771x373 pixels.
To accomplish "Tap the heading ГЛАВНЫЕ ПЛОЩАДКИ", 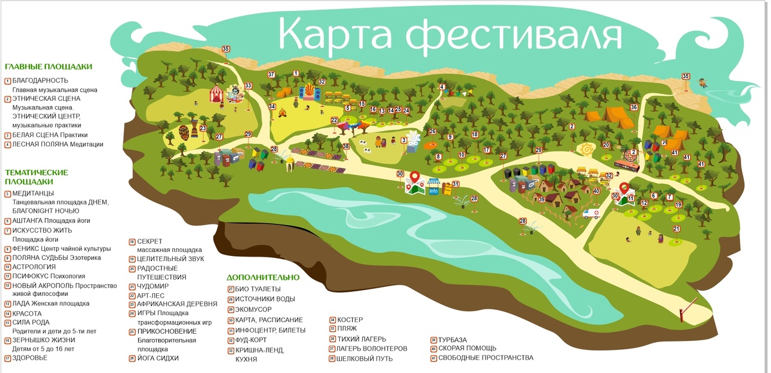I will [48, 66].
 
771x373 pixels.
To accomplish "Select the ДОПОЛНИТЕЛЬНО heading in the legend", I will [263, 277].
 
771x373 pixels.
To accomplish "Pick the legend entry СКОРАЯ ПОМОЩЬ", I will [468, 349].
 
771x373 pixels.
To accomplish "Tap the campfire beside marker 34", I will [281, 114].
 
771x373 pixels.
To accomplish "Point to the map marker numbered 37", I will [271, 75].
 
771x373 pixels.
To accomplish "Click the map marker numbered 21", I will [676, 229].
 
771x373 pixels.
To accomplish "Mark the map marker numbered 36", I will [634, 107].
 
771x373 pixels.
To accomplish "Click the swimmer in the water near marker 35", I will [702, 83].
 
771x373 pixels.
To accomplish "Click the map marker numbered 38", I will [346, 147].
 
